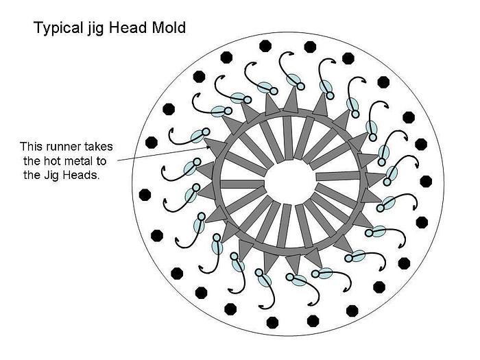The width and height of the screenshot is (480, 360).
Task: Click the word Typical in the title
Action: coord(58,28)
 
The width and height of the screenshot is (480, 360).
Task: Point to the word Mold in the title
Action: coord(169,27)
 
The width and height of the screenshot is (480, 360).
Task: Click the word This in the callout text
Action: coord(32,146)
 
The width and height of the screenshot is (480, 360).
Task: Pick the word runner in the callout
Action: coord(64,147)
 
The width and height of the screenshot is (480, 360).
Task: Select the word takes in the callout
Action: coord(99,146)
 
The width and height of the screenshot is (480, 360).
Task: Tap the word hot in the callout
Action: coord(51,160)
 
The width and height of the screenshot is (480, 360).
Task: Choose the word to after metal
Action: coord(101,161)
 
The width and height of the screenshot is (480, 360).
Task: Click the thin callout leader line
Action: coord(165,154)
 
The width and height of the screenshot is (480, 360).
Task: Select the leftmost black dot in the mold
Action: coord(145,195)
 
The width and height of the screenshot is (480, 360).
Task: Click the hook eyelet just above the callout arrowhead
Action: coord(206,132)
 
